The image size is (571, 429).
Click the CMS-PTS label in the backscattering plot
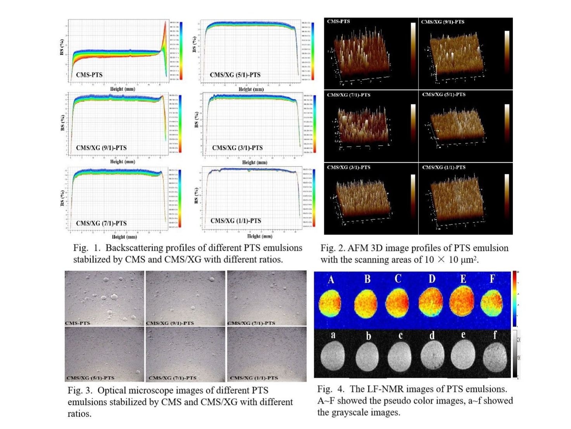tap(89, 75)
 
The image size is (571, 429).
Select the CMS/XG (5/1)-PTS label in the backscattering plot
tap(235, 75)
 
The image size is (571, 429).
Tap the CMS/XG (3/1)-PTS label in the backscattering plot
tap(237, 148)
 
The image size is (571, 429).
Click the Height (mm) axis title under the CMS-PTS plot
tap(123, 89)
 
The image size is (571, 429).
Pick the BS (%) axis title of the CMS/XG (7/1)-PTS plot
tap(62, 198)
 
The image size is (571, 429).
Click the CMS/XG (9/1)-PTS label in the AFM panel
tap(443, 22)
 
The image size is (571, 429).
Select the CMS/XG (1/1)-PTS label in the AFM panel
tap(443, 167)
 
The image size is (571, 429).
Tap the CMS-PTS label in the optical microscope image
tap(78, 323)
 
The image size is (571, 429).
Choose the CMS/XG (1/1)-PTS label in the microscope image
tap(254, 378)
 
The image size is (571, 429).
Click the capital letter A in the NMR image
tap(331, 279)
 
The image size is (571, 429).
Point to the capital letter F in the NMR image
tap(492, 279)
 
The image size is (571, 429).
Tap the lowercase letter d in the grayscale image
tap(432, 335)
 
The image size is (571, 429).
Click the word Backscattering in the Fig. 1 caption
tap(133, 248)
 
